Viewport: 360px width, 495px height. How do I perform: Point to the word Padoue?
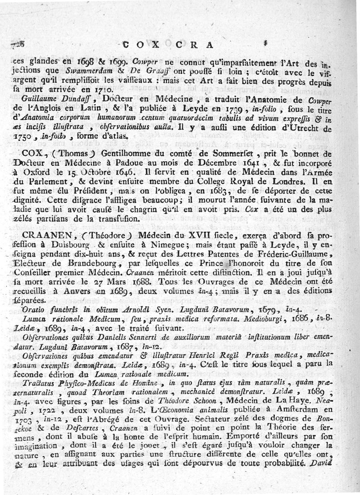156,162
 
